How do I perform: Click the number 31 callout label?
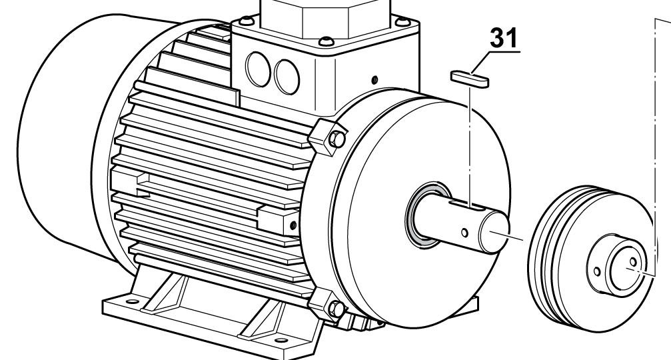[x=504, y=38]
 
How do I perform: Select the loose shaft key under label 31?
[x=470, y=79]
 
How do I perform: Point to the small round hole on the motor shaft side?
[x=464, y=233]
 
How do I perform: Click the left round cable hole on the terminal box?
[x=258, y=69]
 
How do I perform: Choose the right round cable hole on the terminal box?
[x=287, y=77]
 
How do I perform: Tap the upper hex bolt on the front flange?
[x=336, y=139]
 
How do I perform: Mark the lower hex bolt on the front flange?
[x=336, y=309]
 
